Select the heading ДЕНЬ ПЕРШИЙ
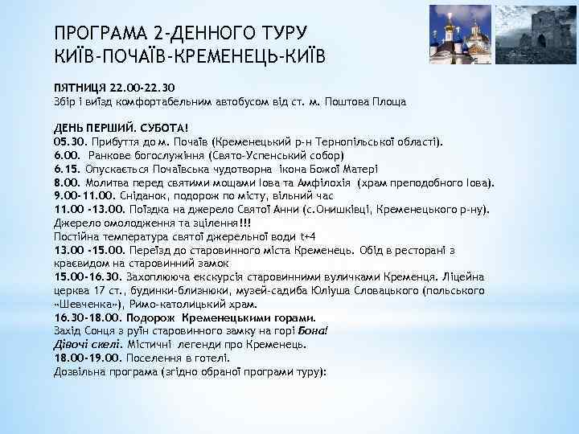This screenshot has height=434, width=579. pos(87,127)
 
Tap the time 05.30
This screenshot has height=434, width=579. pos(68,140)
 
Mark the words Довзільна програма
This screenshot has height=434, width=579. pos(105,372)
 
